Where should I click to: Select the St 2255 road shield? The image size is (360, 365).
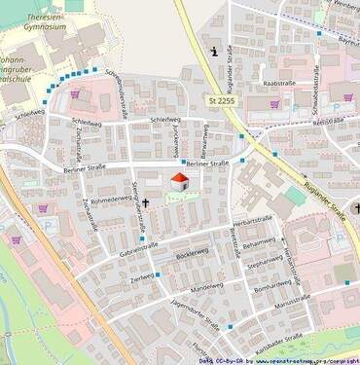coord(222,101)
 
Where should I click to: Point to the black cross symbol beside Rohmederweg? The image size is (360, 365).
coord(146,203)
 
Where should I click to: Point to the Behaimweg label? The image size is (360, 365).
coord(261,242)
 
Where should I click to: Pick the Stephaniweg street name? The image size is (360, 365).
coord(266,263)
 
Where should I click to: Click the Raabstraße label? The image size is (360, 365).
coord(280,85)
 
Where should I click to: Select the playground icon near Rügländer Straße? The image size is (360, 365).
coord(214,50)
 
